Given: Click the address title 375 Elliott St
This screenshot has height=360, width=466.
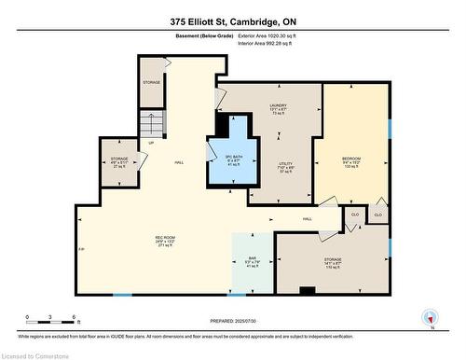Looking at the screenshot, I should coord(232,21).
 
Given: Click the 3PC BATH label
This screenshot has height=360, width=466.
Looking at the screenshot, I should coord(233,159).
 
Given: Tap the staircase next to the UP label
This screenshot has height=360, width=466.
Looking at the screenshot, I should coord(149,122).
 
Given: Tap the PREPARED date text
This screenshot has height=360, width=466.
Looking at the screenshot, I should coord(231,322).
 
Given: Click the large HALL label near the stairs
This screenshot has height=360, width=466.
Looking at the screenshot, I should coord(179,161).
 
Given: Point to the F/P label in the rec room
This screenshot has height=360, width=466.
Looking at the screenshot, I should coord(83,249).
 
